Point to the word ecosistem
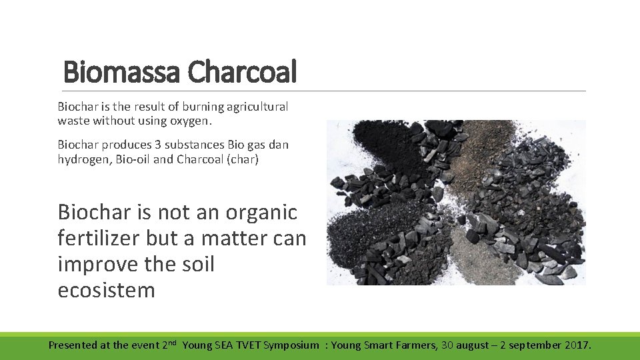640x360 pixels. coord(107,291)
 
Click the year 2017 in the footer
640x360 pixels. coord(576,345)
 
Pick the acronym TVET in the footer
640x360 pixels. coord(245,345)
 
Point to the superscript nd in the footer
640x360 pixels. coord(171,342)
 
